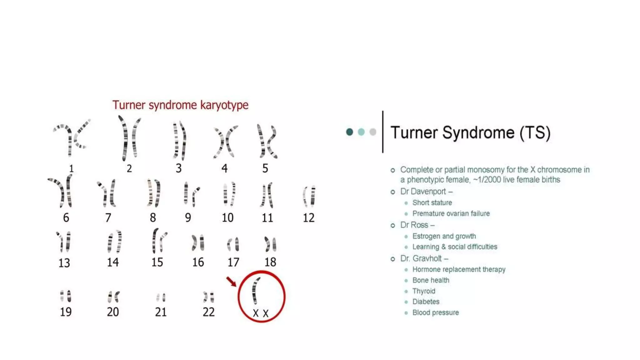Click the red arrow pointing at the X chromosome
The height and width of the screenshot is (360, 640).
[231, 281]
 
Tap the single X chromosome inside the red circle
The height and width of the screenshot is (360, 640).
[256, 291]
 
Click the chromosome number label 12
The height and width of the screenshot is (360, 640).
[308, 218]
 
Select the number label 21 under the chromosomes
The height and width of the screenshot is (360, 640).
[161, 312]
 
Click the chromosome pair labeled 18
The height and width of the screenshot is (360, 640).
[270, 244]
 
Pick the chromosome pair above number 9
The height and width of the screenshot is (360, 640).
[191, 194]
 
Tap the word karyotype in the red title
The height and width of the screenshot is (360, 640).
[224, 105]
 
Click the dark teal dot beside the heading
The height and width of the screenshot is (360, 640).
[349, 132]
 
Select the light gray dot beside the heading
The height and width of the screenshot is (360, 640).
[372, 132]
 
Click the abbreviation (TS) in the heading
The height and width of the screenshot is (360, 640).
[535, 132]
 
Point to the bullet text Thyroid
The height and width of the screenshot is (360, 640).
[423, 291]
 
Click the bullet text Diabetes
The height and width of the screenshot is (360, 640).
[426, 302]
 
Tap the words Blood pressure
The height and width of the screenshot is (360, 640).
[435, 312]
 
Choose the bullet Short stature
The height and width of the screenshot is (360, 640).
[432, 202]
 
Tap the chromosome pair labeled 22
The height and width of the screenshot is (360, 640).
[208, 297]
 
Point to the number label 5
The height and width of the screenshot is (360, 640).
[265, 168]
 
